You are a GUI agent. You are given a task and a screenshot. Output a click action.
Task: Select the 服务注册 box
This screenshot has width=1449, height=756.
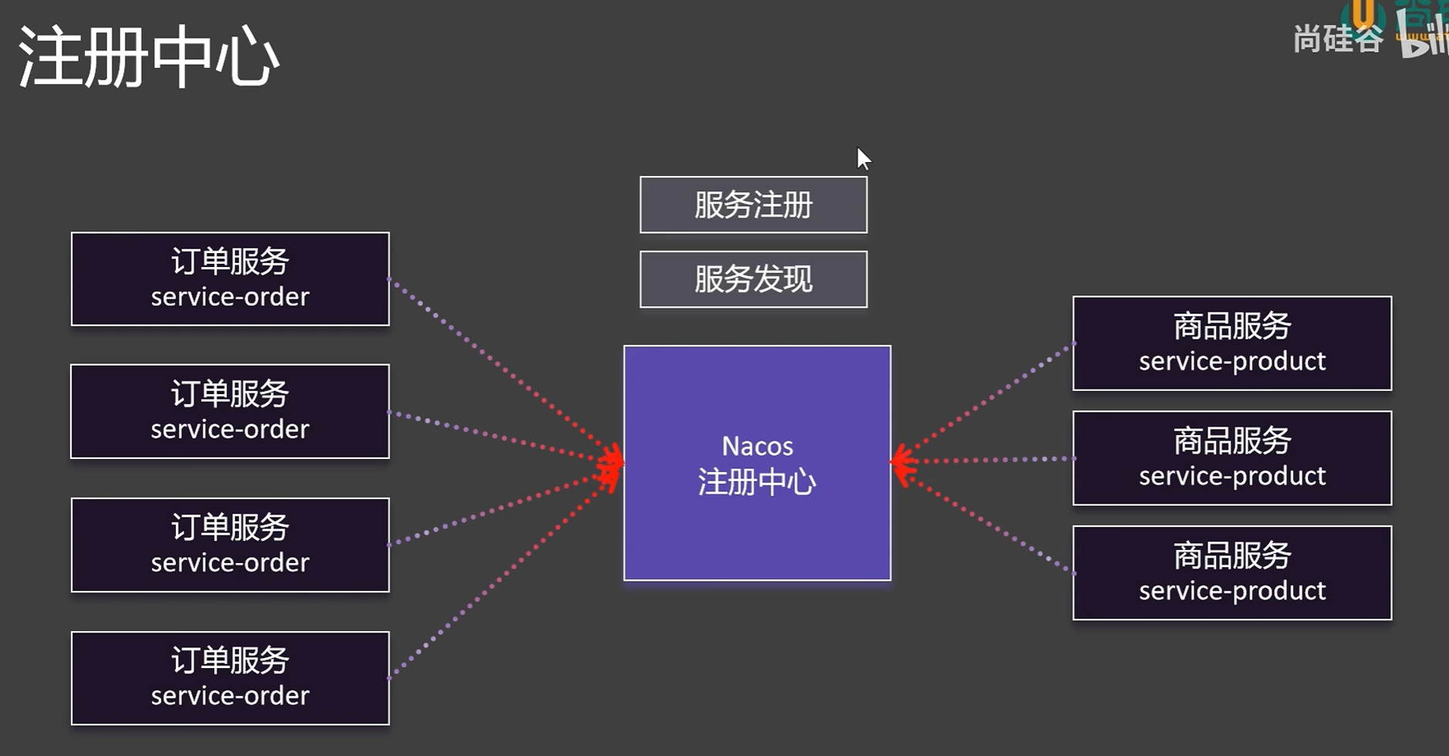(x=753, y=205)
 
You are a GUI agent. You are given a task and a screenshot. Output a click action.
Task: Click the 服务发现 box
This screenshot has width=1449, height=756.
(x=753, y=279)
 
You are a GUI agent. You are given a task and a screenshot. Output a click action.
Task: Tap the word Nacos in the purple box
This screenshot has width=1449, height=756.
(x=757, y=446)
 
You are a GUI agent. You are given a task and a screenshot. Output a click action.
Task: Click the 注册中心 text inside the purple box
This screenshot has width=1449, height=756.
(x=757, y=482)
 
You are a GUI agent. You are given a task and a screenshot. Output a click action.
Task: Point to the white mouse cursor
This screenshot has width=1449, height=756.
(x=863, y=158)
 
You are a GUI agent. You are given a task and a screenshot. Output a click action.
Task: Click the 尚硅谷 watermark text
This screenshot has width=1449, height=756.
(x=1338, y=39)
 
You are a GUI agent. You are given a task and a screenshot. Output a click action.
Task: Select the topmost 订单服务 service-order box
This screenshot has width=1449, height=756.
(x=230, y=279)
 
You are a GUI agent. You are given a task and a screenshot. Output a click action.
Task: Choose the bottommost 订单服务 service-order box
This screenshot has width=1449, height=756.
(x=230, y=678)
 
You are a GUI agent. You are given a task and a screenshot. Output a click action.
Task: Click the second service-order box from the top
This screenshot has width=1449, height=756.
(x=230, y=411)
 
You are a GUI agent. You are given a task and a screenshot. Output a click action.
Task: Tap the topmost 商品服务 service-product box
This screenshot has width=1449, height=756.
(x=1232, y=343)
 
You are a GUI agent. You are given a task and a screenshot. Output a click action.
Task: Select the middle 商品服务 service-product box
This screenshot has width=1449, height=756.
(x=1232, y=458)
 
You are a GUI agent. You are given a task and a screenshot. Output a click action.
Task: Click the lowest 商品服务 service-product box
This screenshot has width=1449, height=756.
(x=1232, y=573)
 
